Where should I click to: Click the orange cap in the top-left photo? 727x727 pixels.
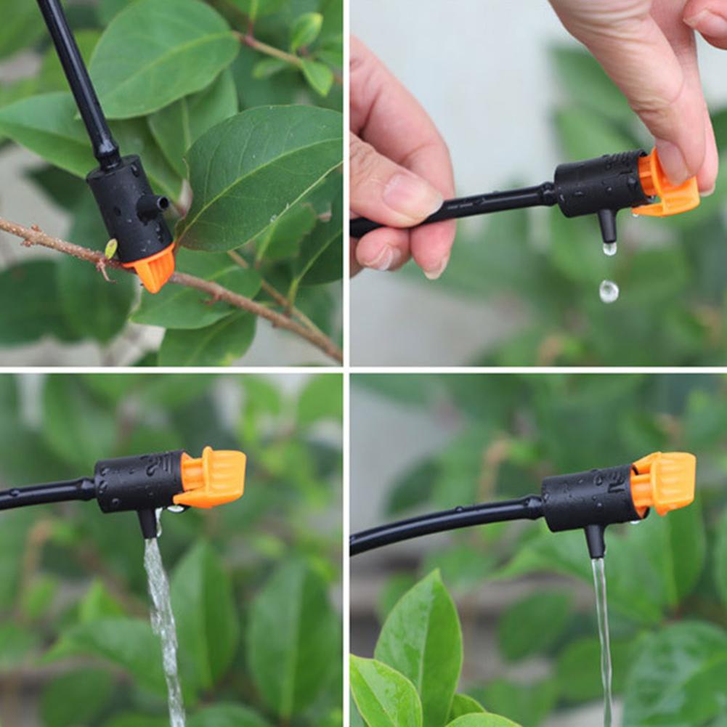click(x=154, y=269)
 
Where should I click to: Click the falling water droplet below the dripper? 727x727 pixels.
click(x=609, y=291)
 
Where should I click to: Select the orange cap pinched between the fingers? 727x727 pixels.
click(x=666, y=187)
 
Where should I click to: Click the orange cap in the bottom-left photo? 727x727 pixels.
click(x=211, y=477)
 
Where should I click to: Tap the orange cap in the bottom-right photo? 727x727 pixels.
click(x=663, y=483)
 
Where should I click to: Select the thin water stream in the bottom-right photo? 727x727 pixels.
click(x=602, y=632)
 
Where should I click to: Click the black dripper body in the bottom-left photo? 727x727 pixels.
click(x=138, y=481)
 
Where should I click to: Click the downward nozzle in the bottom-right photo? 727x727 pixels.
click(x=596, y=541)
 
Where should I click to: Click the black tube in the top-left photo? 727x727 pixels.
click(x=78, y=80)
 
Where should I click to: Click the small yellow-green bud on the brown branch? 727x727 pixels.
click(x=110, y=248)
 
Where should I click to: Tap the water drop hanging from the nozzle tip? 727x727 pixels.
click(x=609, y=248)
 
